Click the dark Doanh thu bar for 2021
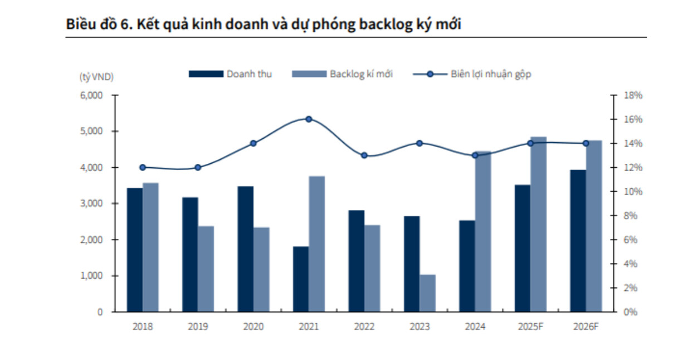click(x=301, y=279)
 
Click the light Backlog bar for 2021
click(x=317, y=244)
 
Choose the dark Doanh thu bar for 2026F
click(x=578, y=241)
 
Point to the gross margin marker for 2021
click(x=309, y=119)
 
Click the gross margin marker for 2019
click(x=198, y=167)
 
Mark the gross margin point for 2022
click(x=364, y=155)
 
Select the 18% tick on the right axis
click(x=632, y=95)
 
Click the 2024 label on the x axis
click(x=475, y=327)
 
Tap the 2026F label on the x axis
click(x=586, y=327)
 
